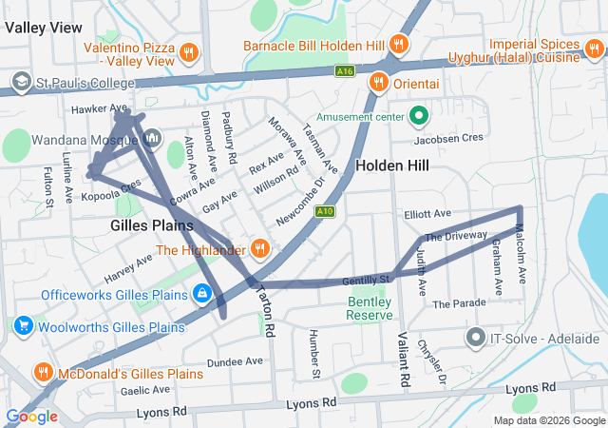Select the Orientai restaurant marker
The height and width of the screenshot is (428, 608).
pyautogui.click(x=378, y=82)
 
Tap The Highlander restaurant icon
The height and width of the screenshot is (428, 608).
pyautogui.click(x=259, y=250)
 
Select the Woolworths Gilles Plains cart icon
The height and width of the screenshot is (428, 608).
pyautogui.click(x=21, y=327)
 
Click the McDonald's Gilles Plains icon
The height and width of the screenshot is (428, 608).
pyautogui.click(x=43, y=371)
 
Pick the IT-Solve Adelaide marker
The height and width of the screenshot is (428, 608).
pyautogui.click(x=476, y=338)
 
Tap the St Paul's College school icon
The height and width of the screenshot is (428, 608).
pyautogui.click(x=20, y=82)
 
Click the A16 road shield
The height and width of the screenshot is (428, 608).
pyautogui.click(x=345, y=69)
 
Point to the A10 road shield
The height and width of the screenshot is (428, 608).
pyautogui.click(x=325, y=210)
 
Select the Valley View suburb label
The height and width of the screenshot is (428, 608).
pyautogui.click(x=43, y=29)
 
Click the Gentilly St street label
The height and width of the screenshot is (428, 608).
pyautogui.click(x=367, y=280)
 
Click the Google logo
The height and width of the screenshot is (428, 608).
pyautogui.click(x=31, y=416)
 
